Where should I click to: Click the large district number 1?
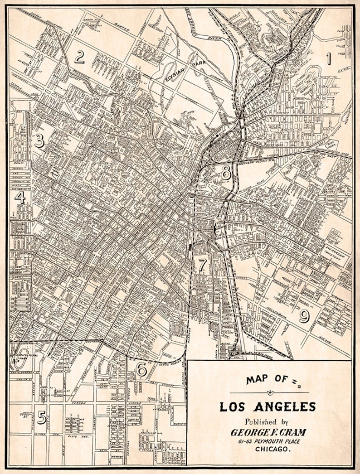(x=329, y=58)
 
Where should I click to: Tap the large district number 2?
(x=80, y=57)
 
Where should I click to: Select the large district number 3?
(x=39, y=141)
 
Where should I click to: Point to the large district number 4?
(x=19, y=197)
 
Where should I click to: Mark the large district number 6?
(x=141, y=370)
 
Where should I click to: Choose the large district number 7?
(x=202, y=265)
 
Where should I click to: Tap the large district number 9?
(x=304, y=316)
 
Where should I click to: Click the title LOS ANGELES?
(x=268, y=406)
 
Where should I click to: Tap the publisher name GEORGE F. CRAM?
(x=268, y=432)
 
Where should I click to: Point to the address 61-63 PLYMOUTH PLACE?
(x=268, y=441)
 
